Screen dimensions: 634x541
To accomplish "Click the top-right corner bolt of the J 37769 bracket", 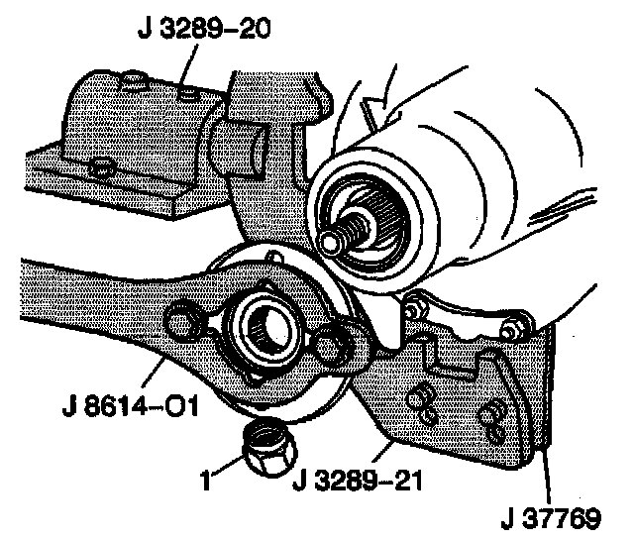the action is tap(516, 325).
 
